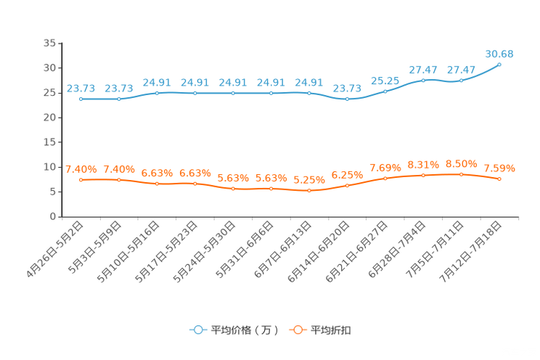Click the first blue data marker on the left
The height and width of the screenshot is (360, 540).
pos(81,99)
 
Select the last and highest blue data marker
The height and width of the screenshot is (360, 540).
pos(499,65)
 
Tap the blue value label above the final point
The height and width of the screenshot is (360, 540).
pos(499,53)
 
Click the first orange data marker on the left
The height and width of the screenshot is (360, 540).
pos(81,179)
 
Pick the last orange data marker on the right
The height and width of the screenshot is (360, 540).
pos(499,179)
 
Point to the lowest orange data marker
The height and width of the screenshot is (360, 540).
pos(309,191)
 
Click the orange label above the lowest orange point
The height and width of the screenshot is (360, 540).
pos(309,179)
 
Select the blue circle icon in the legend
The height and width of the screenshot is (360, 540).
pos(198,330)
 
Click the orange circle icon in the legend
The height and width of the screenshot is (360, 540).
pos(298,330)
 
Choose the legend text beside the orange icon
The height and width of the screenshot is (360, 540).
pos(332,330)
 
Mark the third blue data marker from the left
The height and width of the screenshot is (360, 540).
pos(157,93)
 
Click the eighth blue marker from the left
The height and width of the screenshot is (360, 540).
pos(348,99)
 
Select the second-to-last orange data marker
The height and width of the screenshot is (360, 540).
pos(461,173)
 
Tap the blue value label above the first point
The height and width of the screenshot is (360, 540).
pos(81,88)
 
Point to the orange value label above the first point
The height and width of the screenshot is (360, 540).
pos(81,168)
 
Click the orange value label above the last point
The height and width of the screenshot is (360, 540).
pos(499,168)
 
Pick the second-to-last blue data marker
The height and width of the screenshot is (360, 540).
pos(461,80)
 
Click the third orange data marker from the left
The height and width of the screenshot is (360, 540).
pos(157,184)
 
